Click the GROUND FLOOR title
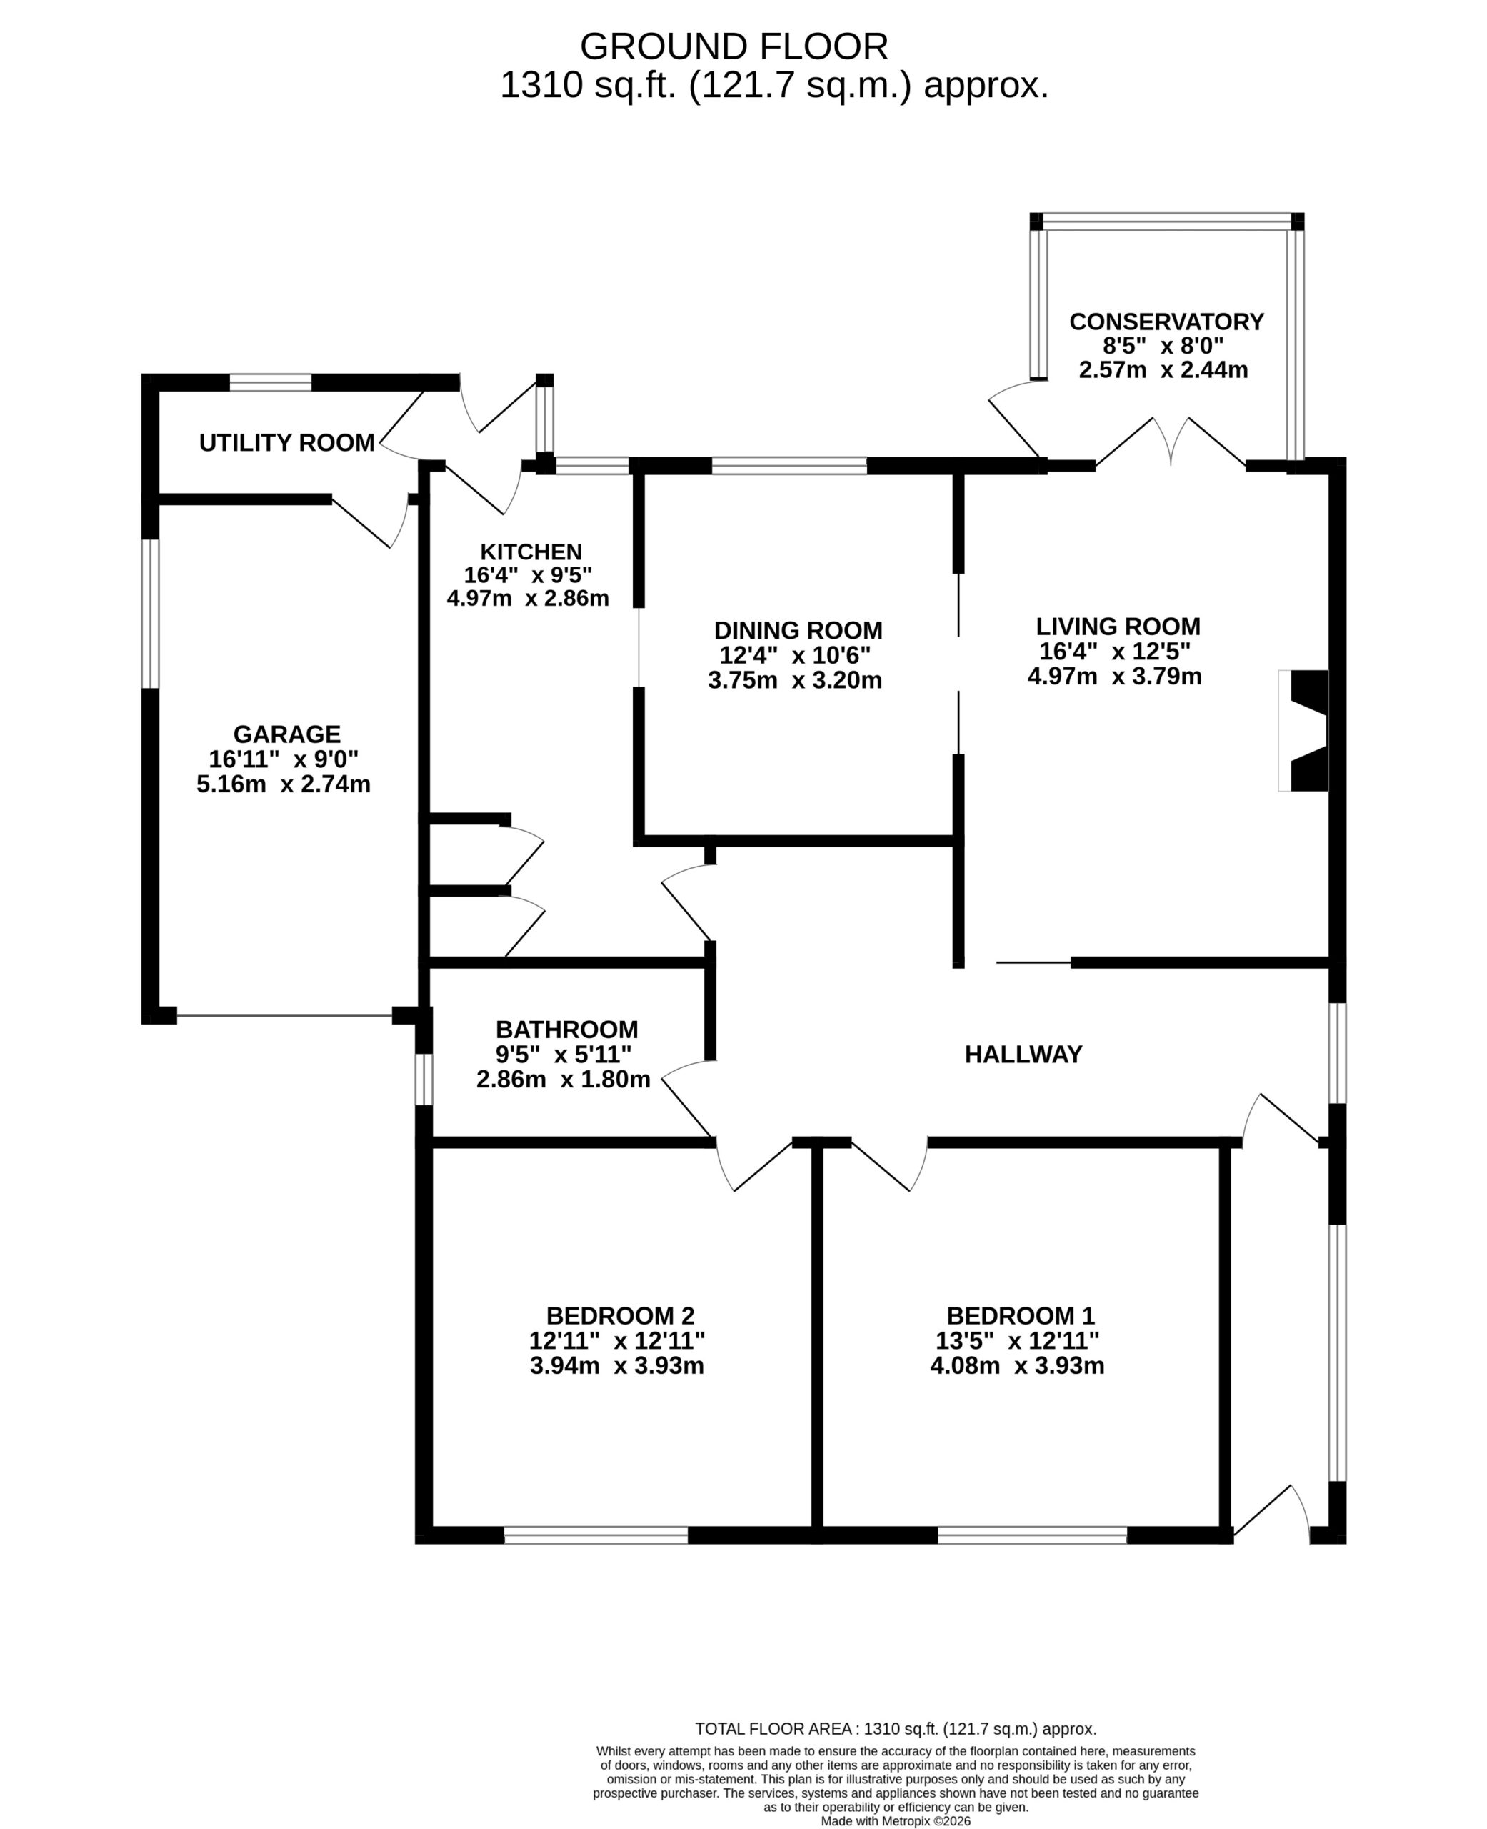tap(734, 46)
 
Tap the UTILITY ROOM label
tap(287, 443)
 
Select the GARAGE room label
tap(287, 734)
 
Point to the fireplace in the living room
tap(1303, 731)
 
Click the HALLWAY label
tap(1023, 1055)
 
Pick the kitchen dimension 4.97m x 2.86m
tap(528, 598)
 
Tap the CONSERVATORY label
tap(1166, 322)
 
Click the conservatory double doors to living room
tap(1171, 442)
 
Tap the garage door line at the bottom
tap(284, 1016)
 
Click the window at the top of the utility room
tap(271, 382)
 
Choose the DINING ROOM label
tap(798, 631)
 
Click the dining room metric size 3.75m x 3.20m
tap(795, 680)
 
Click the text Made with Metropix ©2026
tap(896, 1821)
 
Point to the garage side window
tap(150, 614)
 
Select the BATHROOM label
tap(567, 1030)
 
